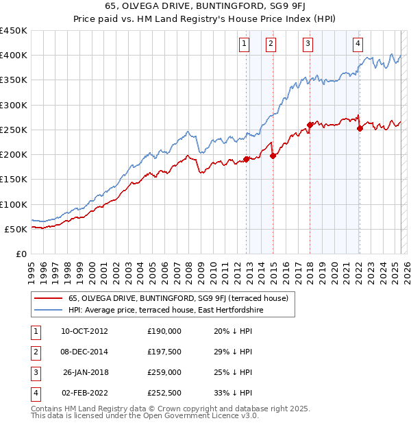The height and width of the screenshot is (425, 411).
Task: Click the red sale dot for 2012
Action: [x=247, y=160]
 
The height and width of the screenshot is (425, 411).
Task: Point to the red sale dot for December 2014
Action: [x=273, y=156]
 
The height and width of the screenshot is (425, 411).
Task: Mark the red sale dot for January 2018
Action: [x=310, y=125]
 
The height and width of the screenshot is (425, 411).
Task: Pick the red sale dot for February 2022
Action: [x=360, y=128]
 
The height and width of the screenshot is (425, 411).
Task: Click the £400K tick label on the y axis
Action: [x=13, y=56]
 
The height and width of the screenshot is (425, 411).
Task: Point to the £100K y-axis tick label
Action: [x=13, y=204]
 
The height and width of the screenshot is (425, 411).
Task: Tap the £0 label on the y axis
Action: [x=21, y=254]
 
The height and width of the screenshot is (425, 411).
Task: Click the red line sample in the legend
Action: [x=49, y=298]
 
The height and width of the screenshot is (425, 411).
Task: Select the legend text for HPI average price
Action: [x=166, y=310]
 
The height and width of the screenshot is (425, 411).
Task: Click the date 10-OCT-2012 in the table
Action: [x=84, y=331]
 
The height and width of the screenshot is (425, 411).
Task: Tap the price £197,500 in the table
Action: [x=164, y=352]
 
